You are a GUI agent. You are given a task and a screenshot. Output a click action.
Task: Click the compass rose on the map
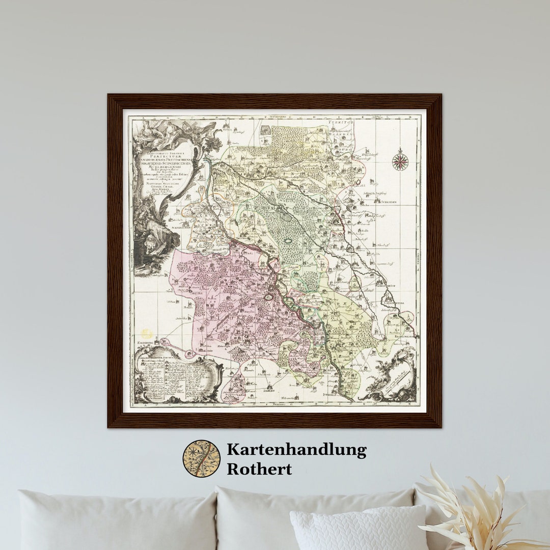tap(400, 162)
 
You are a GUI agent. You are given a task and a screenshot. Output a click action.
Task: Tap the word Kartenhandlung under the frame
tap(296, 450)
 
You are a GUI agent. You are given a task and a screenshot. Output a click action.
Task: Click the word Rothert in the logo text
tap(259, 469)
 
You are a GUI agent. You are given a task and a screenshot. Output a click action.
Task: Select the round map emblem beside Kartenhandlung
tap(202, 458)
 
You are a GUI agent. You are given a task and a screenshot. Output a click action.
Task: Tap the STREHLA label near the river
tap(332, 394)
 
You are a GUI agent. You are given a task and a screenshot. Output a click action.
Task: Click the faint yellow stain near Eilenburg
tap(147, 334)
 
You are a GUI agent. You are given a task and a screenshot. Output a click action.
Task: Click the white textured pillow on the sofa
tap(356, 530)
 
